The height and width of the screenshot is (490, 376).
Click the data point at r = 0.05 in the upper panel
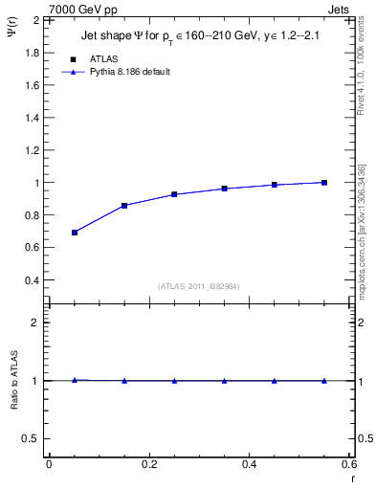coord(75,233)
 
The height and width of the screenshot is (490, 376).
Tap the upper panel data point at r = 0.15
coord(124,206)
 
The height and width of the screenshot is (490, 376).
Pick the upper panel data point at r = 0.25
coord(174,194)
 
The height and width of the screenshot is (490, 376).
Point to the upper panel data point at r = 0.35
coord(225,189)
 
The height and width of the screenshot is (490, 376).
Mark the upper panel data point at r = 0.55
coord(324,183)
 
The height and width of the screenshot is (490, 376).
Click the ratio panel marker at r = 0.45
coord(275,381)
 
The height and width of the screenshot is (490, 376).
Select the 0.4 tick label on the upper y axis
coord(31,280)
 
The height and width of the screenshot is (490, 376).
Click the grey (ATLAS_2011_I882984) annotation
coord(199,285)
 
